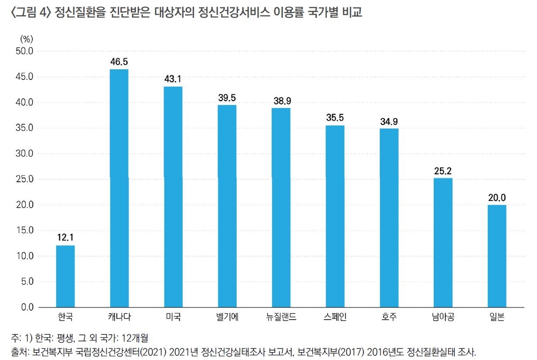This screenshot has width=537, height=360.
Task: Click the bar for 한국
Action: click(65, 276)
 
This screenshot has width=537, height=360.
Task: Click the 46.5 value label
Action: click(119, 61)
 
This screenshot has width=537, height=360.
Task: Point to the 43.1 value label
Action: click(173, 79)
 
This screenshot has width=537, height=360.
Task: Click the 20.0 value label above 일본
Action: click(497, 197)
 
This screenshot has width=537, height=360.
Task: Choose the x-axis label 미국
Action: click(173, 317)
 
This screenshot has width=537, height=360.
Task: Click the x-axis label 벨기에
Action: click(227, 317)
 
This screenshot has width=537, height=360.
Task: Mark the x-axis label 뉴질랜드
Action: click(281, 317)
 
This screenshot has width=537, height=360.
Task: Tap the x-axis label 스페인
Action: click(335, 317)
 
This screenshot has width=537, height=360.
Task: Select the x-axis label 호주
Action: click(389, 317)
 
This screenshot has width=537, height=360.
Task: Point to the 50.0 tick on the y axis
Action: click(24, 51)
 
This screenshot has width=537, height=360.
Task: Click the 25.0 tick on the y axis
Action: click(24, 179)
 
